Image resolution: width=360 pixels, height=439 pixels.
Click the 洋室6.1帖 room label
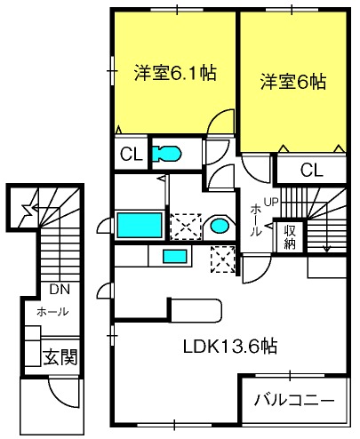[175, 72]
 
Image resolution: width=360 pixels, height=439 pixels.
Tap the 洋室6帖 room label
[293, 82]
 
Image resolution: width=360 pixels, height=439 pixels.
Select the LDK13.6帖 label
[230, 346]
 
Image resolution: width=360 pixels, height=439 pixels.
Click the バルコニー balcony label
[294, 400]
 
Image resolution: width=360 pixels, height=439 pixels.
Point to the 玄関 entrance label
[60, 357]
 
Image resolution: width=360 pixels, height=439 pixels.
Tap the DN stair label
[60, 290]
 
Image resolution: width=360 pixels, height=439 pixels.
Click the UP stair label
[271, 203]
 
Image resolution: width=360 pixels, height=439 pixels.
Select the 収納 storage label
[290, 237]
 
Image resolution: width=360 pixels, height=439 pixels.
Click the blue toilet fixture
[166, 154]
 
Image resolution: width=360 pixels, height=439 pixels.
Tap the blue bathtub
[140, 225]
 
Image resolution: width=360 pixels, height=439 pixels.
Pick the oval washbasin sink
[220, 226]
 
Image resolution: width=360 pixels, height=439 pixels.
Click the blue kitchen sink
[175, 256]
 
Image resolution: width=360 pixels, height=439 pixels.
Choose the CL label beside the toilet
[131, 154]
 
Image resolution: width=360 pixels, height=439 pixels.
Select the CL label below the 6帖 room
[311, 171]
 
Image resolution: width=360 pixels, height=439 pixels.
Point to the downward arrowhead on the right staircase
[326, 249]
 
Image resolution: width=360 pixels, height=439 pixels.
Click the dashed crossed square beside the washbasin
[186, 227]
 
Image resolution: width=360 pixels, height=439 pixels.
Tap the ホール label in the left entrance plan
[52, 312]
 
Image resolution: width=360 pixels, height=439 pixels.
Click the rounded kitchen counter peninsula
[196, 310]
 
